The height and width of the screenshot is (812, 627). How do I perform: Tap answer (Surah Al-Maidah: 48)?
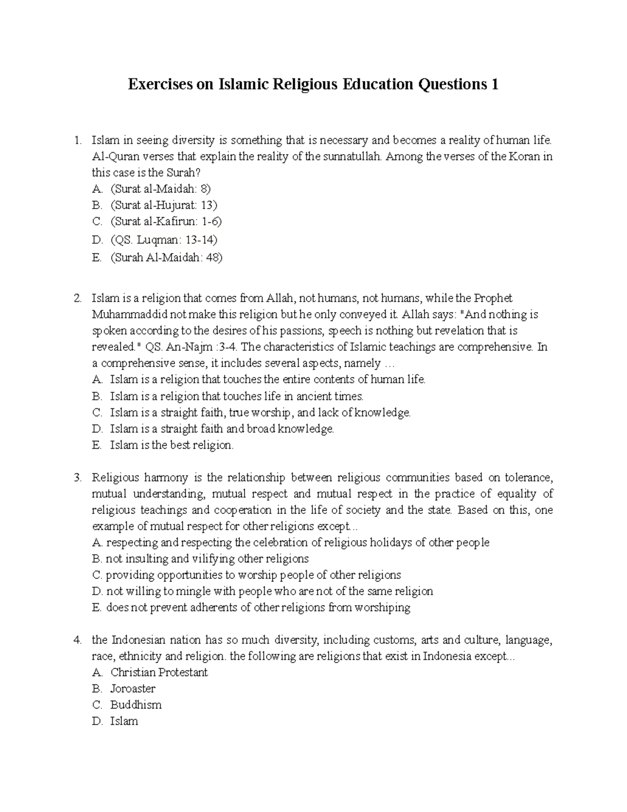[x=166, y=257]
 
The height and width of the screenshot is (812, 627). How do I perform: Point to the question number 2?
[x=77, y=299]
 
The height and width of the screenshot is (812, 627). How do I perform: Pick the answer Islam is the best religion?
[x=172, y=445]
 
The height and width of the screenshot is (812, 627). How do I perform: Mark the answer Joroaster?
[x=133, y=689]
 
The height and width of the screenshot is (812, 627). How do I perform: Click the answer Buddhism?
[x=136, y=705]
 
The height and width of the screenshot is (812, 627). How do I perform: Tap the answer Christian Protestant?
[x=159, y=672]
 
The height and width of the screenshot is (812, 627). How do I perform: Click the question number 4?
[x=77, y=640]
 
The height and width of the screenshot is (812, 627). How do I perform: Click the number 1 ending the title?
[x=494, y=84]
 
